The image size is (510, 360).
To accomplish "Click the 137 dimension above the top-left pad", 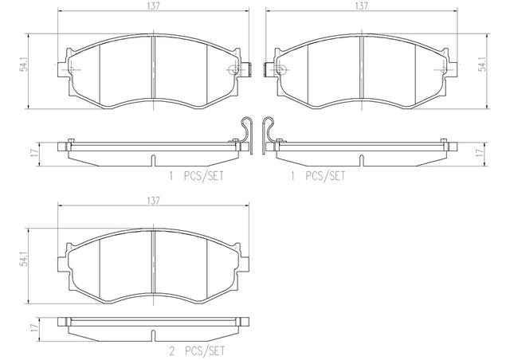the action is coord(154,6).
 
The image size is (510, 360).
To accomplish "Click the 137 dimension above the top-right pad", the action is coord(361,6).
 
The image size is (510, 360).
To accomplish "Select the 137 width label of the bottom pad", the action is coord(153,201).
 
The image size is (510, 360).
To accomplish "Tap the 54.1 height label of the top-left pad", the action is coord(23,65).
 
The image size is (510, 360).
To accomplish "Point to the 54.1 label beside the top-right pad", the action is coord(483,65).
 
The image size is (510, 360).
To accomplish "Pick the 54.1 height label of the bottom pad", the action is coord(23,260).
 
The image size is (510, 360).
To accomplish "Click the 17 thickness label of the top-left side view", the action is coord(33,152).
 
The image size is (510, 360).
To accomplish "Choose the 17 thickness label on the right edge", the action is coord(478,152).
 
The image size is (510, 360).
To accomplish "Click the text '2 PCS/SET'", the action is coord(197,351).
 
